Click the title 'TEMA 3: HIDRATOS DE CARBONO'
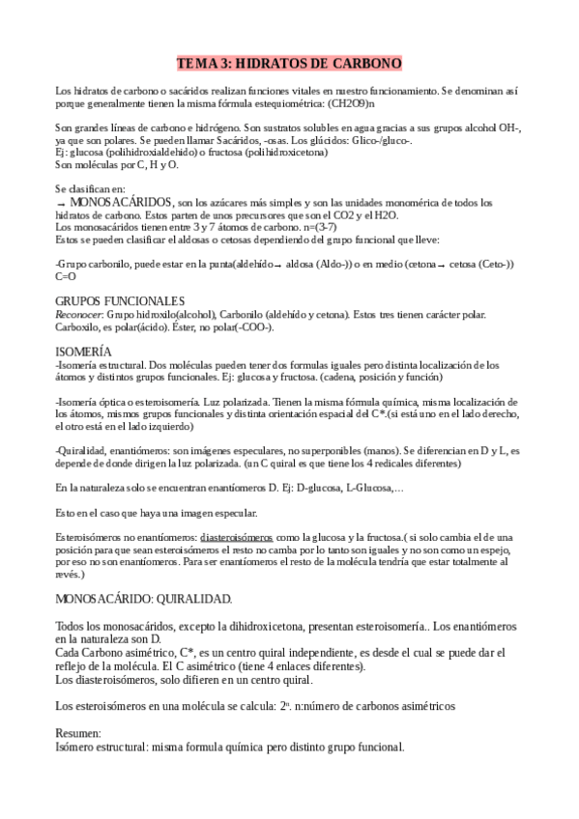(x=289, y=64)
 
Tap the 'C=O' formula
(x=66, y=275)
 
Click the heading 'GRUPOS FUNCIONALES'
(x=119, y=301)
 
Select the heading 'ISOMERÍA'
(x=83, y=352)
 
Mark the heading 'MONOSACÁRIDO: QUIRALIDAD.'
(x=143, y=599)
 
